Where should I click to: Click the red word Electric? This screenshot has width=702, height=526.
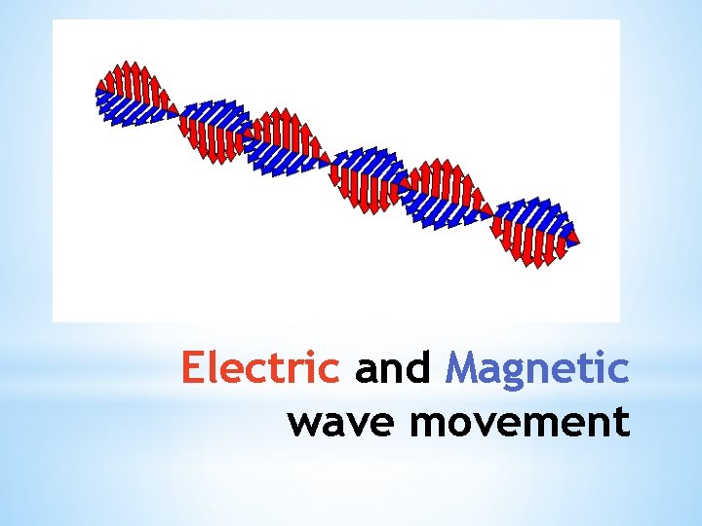tap(260, 370)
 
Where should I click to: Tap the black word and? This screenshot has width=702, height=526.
tap(393, 370)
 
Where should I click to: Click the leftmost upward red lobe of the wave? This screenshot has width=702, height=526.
tap(129, 82)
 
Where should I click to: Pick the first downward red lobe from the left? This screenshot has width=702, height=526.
tap(212, 142)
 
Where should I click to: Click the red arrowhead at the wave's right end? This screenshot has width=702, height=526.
tap(574, 238)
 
